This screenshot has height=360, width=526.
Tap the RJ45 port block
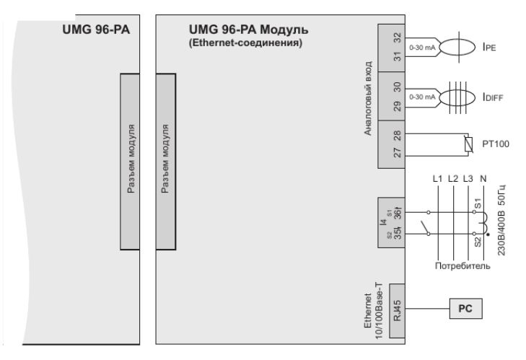(396, 309)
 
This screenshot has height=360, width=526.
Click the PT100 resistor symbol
(468, 144)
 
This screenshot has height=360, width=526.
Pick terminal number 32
(396, 36)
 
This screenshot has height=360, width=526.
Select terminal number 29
(396, 107)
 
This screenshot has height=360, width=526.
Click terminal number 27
(396, 154)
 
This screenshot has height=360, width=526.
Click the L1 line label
(436, 177)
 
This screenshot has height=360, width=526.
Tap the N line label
(483, 177)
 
